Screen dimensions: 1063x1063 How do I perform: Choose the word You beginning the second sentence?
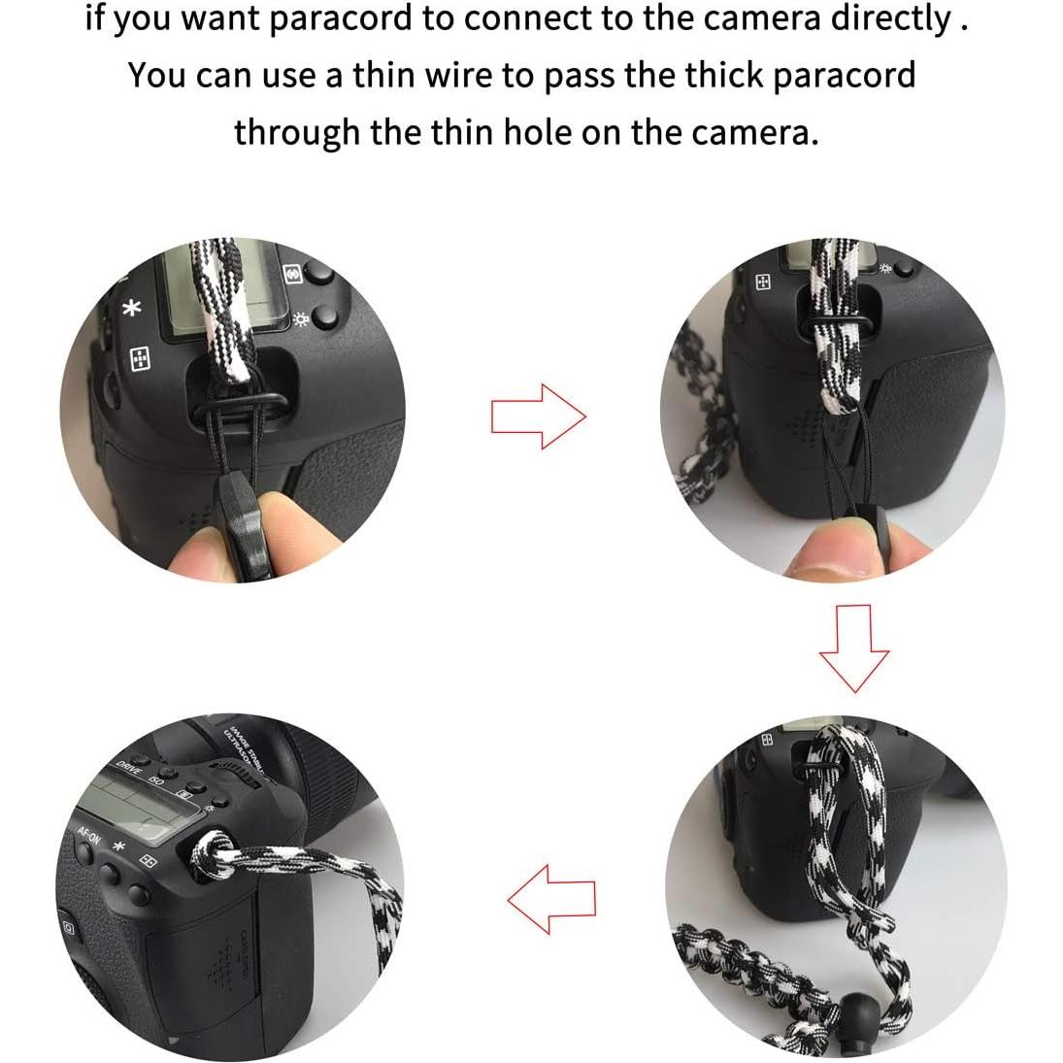click(x=157, y=75)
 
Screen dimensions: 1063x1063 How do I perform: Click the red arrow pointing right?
click(x=538, y=416)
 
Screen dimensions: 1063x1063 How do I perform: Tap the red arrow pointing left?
click(x=551, y=900)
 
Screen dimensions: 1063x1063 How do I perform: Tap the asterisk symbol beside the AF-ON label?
click(x=120, y=847)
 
